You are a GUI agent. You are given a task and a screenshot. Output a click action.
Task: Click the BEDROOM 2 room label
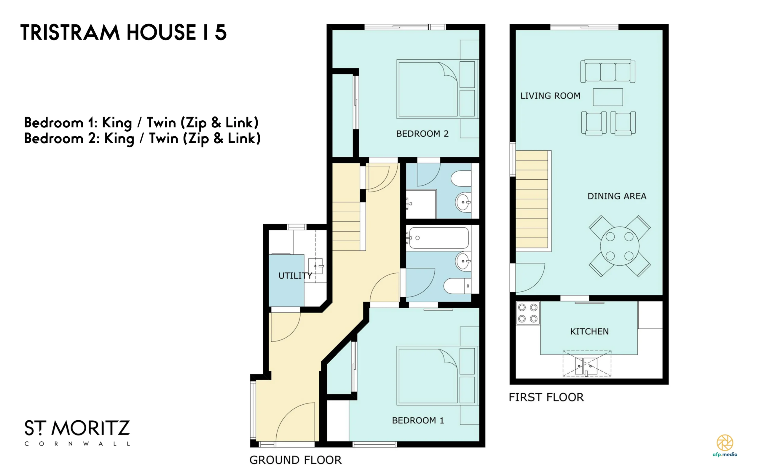(422, 134)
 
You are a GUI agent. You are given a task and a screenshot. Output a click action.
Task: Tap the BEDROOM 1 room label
(418, 420)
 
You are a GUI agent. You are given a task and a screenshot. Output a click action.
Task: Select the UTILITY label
(295, 276)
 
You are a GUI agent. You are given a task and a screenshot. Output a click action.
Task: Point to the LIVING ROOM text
(550, 96)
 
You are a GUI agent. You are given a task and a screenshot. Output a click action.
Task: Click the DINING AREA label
(617, 196)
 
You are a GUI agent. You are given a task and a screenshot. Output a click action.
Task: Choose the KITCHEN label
(589, 331)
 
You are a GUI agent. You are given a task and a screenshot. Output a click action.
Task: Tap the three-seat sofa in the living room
(607, 71)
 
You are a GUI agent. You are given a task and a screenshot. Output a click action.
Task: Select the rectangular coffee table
(607, 97)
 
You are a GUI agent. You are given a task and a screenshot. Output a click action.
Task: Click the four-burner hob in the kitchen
(528, 313)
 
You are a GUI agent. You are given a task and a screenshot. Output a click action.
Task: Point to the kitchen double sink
(586, 366)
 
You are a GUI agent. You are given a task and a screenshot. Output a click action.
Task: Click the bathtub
(439, 238)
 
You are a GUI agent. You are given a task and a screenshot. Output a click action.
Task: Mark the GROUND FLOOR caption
(295, 460)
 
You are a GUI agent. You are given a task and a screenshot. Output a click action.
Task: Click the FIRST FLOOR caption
(546, 397)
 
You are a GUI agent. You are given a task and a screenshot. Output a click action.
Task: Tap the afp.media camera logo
(725, 443)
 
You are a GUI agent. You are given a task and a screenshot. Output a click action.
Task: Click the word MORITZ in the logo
(91, 428)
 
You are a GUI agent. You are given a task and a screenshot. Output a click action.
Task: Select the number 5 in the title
(221, 32)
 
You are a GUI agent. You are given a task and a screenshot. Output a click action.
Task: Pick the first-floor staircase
(532, 200)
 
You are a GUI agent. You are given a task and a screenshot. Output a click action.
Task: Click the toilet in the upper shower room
(461, 178)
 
